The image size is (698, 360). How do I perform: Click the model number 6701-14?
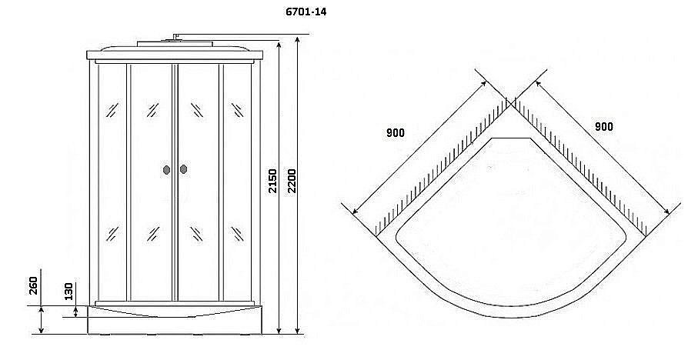coord(306,12)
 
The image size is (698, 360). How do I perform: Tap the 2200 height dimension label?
coord(292,181)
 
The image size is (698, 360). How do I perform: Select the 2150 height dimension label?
coord(272,181)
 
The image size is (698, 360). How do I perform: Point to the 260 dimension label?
coord(33,285)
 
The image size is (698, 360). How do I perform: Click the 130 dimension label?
coord(68,292)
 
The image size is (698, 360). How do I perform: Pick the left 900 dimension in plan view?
coord(396,132)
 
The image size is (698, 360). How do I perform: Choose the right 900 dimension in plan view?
coord(603,127)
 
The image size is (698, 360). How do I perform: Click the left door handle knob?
coord(166,169)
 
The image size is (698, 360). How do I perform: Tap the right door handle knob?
coord(183,169)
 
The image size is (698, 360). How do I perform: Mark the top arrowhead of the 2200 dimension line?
coord(297,39)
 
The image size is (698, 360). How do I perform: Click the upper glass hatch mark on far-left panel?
coord(112,110)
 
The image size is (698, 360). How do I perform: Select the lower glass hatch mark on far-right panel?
coord(237,234)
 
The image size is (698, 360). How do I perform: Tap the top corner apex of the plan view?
coord(512,104)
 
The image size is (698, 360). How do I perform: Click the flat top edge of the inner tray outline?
coord(512,138)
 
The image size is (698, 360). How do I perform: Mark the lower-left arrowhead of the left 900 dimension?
coord(355,211)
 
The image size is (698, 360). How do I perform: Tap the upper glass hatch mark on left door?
coord(152,110)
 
